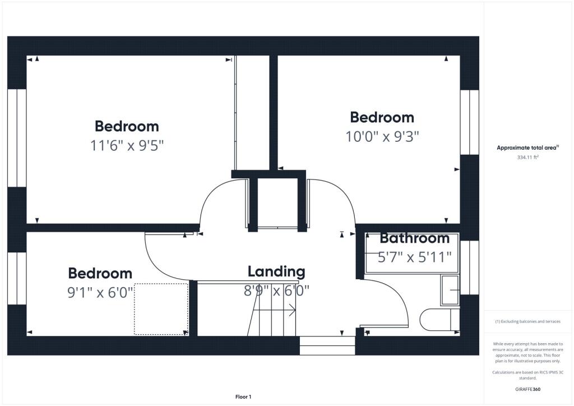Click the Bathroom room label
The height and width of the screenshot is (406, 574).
pyautogui.click(x=414, y=238)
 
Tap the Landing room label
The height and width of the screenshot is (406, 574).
pyautogui.click(x=276, y=272)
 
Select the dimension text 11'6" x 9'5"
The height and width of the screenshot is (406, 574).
pyautogui.click(x=127, y=146)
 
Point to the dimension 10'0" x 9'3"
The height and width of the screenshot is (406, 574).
pyautogui.click(x=382, y=136)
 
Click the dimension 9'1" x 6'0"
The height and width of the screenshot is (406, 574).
pyautogui.click(x=101, y=292)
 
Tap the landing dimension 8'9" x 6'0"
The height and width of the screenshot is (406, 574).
pyautogui.click(x=277, y=291)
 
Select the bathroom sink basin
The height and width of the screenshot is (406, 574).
pyautogui.click(x=450, y=290)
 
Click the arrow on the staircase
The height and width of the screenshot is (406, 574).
pyautogui.click(x=292, y=310)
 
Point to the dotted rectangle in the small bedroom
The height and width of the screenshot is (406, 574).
pyautogui.click(x=161, y=309)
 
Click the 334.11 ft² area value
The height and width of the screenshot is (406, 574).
pyautogui.click(x=527, y=158)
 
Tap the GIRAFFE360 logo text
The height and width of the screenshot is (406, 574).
pyautogui.click(x=529, y=389)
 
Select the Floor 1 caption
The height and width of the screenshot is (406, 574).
pyautogui.click(x=243, y=396)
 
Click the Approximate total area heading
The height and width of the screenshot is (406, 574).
pyautogui.click(x=528, y=147)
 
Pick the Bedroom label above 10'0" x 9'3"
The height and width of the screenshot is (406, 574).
pyautogui.click(x=382, y=118)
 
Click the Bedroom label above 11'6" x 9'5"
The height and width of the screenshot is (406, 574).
pyautogui.click(x=127, y=126)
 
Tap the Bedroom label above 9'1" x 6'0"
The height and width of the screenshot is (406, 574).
pyautogui.click(x=100, y=274)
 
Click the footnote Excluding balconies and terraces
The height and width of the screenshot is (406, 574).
pyautogui.click(x=529, y=321)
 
